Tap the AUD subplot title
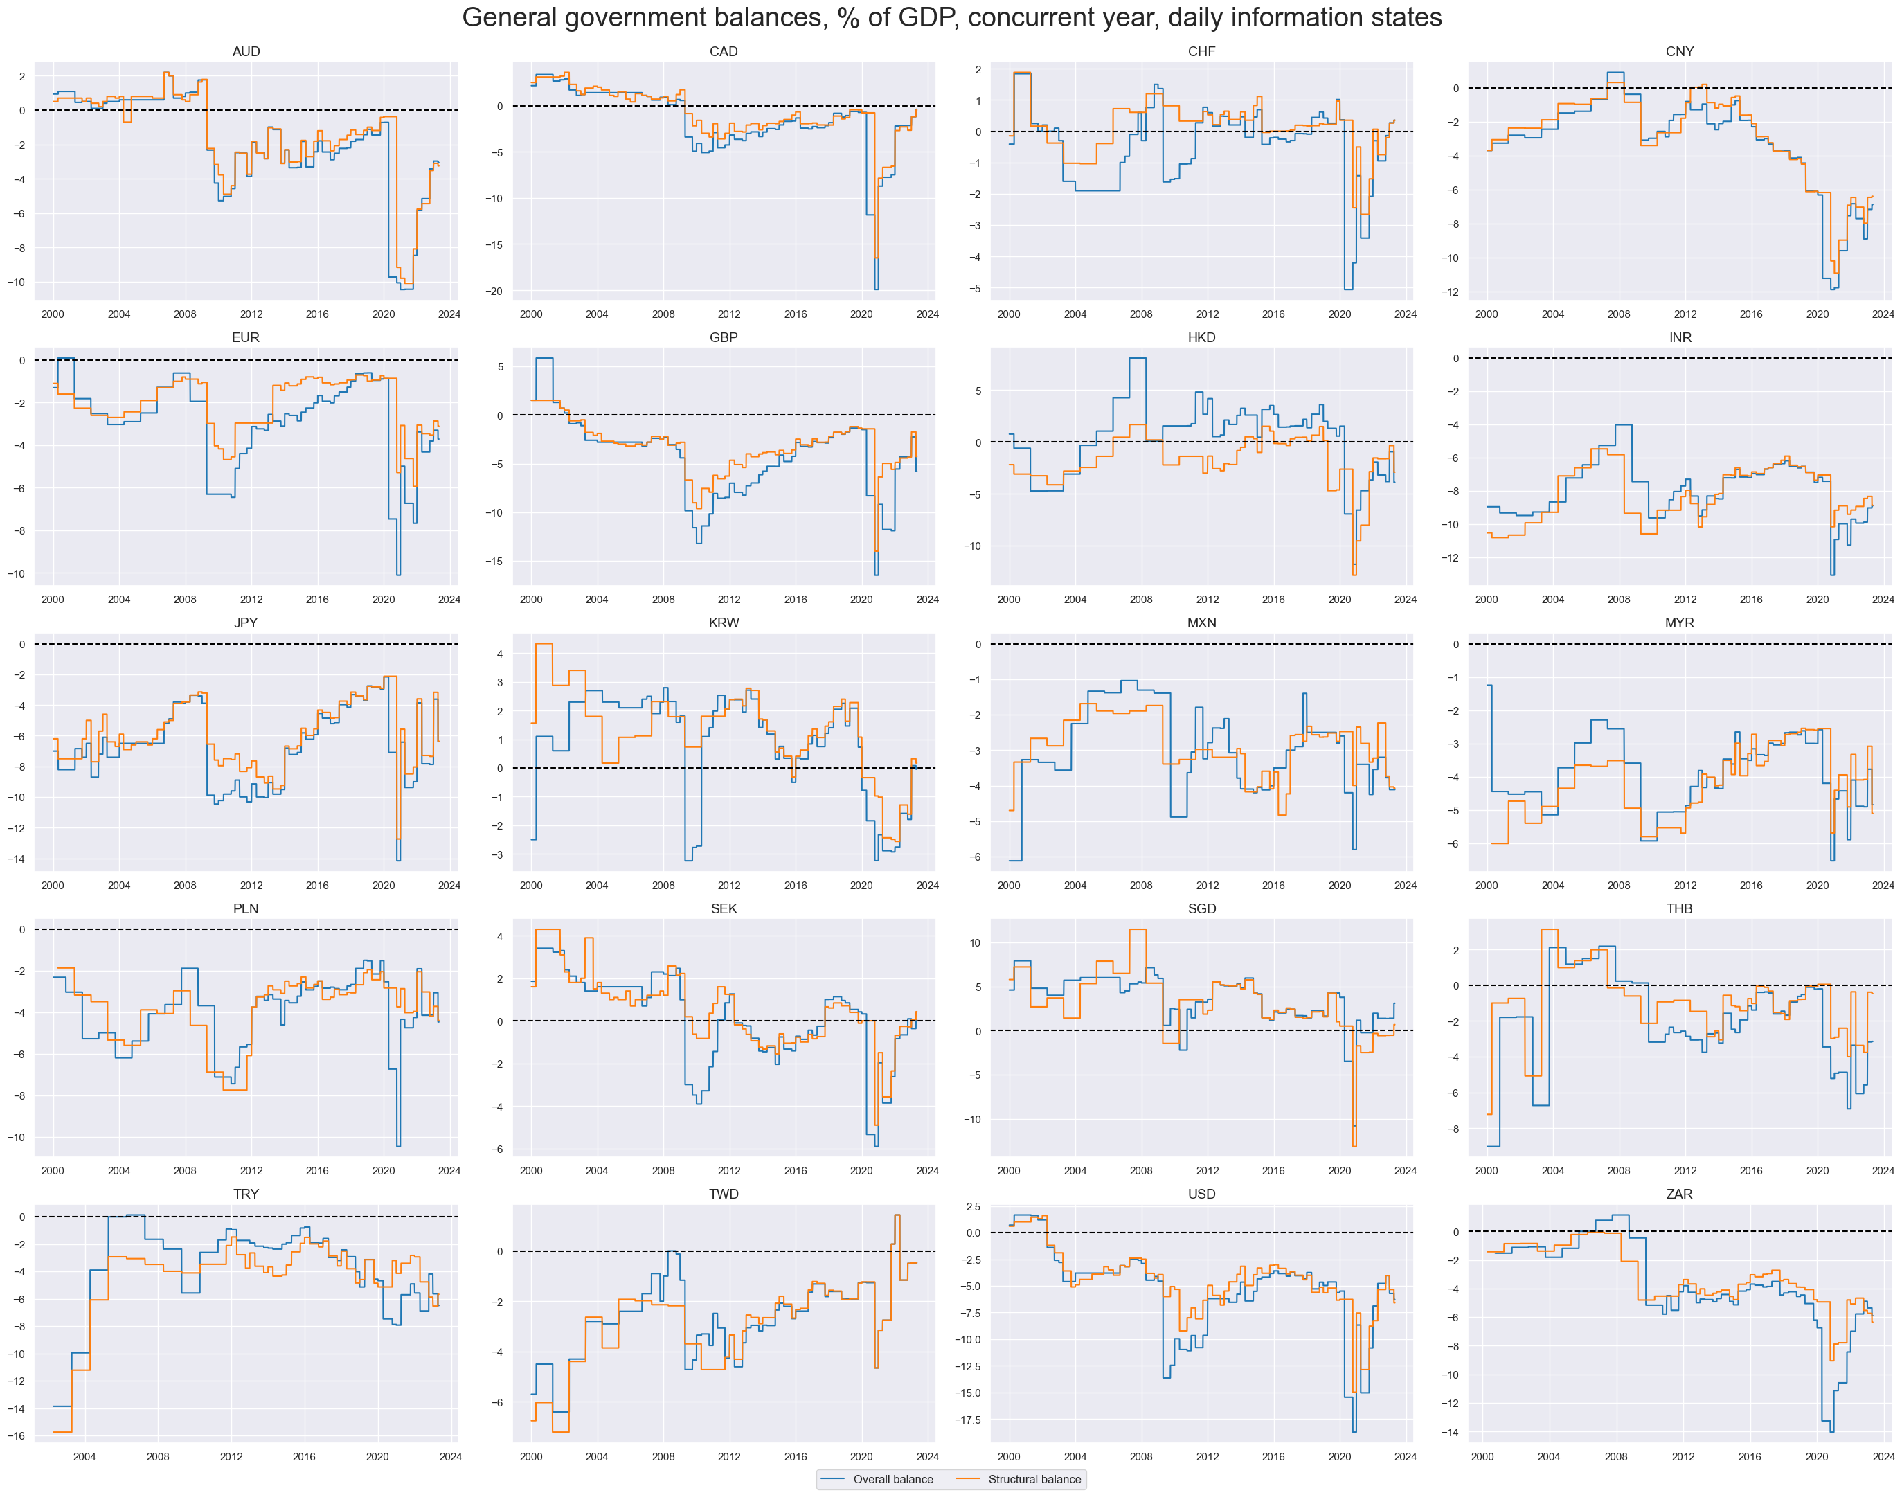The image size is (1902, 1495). point(246,52)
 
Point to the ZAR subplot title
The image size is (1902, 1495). point(1679,1194)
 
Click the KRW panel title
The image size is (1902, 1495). point(724,623)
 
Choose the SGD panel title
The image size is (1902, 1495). point(1202,908)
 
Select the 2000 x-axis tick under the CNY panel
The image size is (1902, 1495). point(1487,314)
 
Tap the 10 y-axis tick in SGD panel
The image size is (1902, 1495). point(975,942)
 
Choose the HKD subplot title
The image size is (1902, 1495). point(1202,338)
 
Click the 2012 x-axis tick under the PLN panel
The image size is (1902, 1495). point(251,1170)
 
